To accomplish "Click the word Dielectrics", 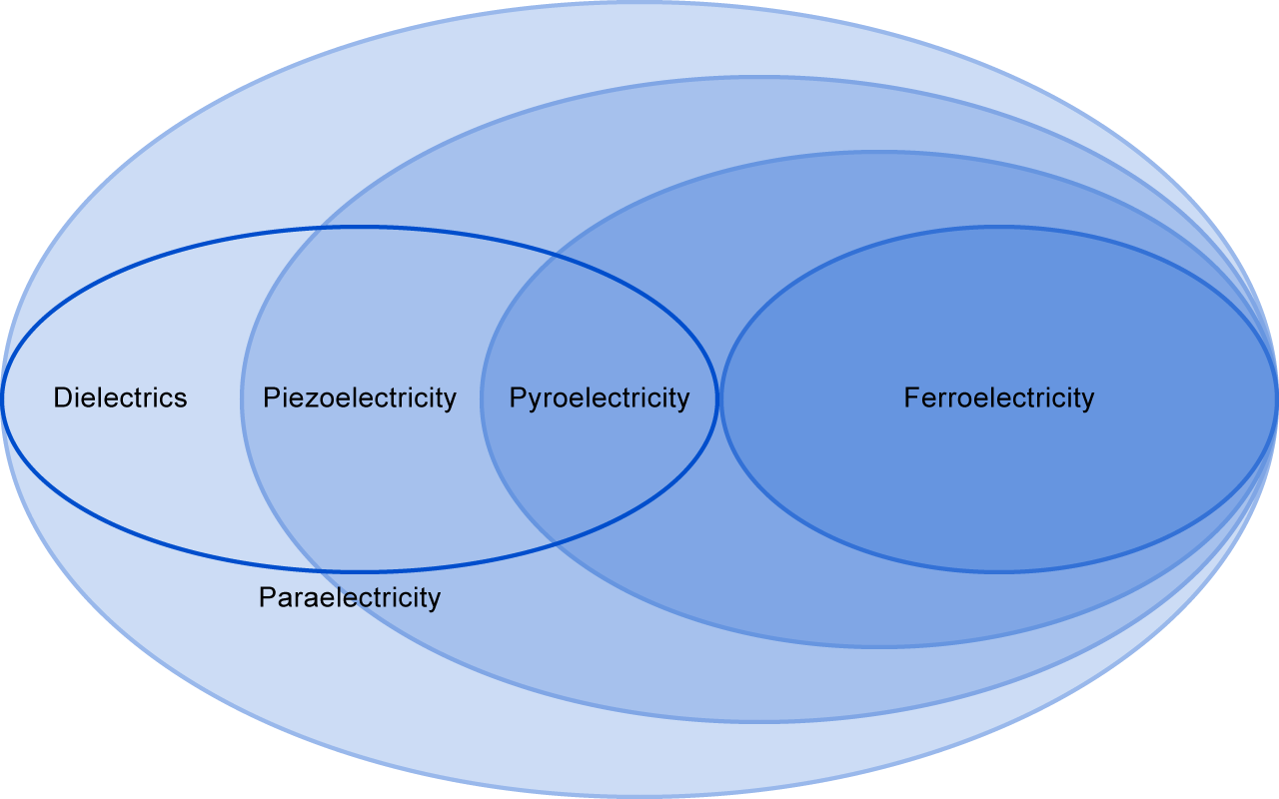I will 120,398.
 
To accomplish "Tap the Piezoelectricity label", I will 360,398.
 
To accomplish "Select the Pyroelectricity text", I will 600,398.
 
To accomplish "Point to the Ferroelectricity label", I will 999,398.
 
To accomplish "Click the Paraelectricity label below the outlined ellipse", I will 350,597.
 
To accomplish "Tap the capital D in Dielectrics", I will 62,398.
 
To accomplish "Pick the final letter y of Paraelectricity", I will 435,599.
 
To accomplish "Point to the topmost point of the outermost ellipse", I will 639,2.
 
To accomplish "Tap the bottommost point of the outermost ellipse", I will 639,797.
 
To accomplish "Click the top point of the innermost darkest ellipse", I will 999,228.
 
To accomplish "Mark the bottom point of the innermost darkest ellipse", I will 999,571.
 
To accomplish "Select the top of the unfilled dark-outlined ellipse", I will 360,228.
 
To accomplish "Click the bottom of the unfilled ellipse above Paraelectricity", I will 360,571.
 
